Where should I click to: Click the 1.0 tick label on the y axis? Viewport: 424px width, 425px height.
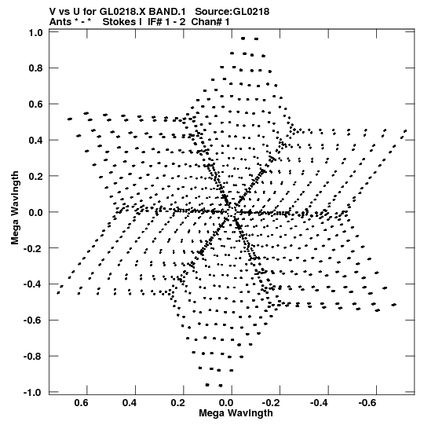(36, 32)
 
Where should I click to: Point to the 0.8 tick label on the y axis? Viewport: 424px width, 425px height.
(36, 68)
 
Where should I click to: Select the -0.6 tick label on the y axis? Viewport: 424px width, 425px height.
(33, 320)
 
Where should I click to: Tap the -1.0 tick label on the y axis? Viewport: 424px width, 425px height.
(33, 392)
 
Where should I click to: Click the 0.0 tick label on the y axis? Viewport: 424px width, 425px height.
(36, 212)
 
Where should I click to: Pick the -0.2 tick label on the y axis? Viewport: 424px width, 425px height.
(33, 248)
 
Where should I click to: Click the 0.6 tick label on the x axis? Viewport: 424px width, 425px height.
(82, 403)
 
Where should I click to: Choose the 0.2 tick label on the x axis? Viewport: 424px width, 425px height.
(178, 403)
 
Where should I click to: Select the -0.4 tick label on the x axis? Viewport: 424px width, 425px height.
(319, 403)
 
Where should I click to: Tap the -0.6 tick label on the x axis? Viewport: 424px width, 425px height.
(367, 403)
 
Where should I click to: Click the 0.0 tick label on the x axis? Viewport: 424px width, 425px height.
(226, 403)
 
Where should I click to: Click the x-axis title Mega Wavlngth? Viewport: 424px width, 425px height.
(236, 413)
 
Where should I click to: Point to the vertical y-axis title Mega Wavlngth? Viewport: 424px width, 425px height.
(15, 207)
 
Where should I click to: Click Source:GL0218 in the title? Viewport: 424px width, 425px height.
(232, 12)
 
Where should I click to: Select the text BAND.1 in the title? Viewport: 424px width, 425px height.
(167, 12)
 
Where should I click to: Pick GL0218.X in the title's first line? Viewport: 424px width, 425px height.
(123, 12)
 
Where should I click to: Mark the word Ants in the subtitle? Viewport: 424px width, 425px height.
(60, 22)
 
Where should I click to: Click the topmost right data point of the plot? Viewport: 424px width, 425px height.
(256, 38)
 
